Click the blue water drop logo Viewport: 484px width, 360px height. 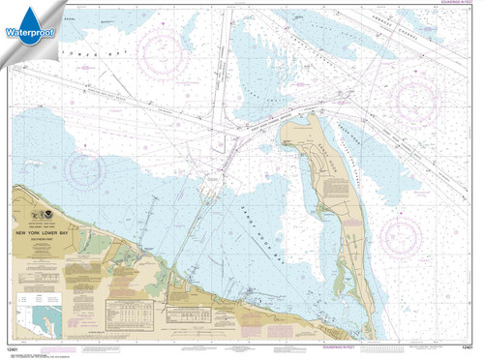[32, 16]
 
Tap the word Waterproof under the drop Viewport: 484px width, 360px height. [32, 39]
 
